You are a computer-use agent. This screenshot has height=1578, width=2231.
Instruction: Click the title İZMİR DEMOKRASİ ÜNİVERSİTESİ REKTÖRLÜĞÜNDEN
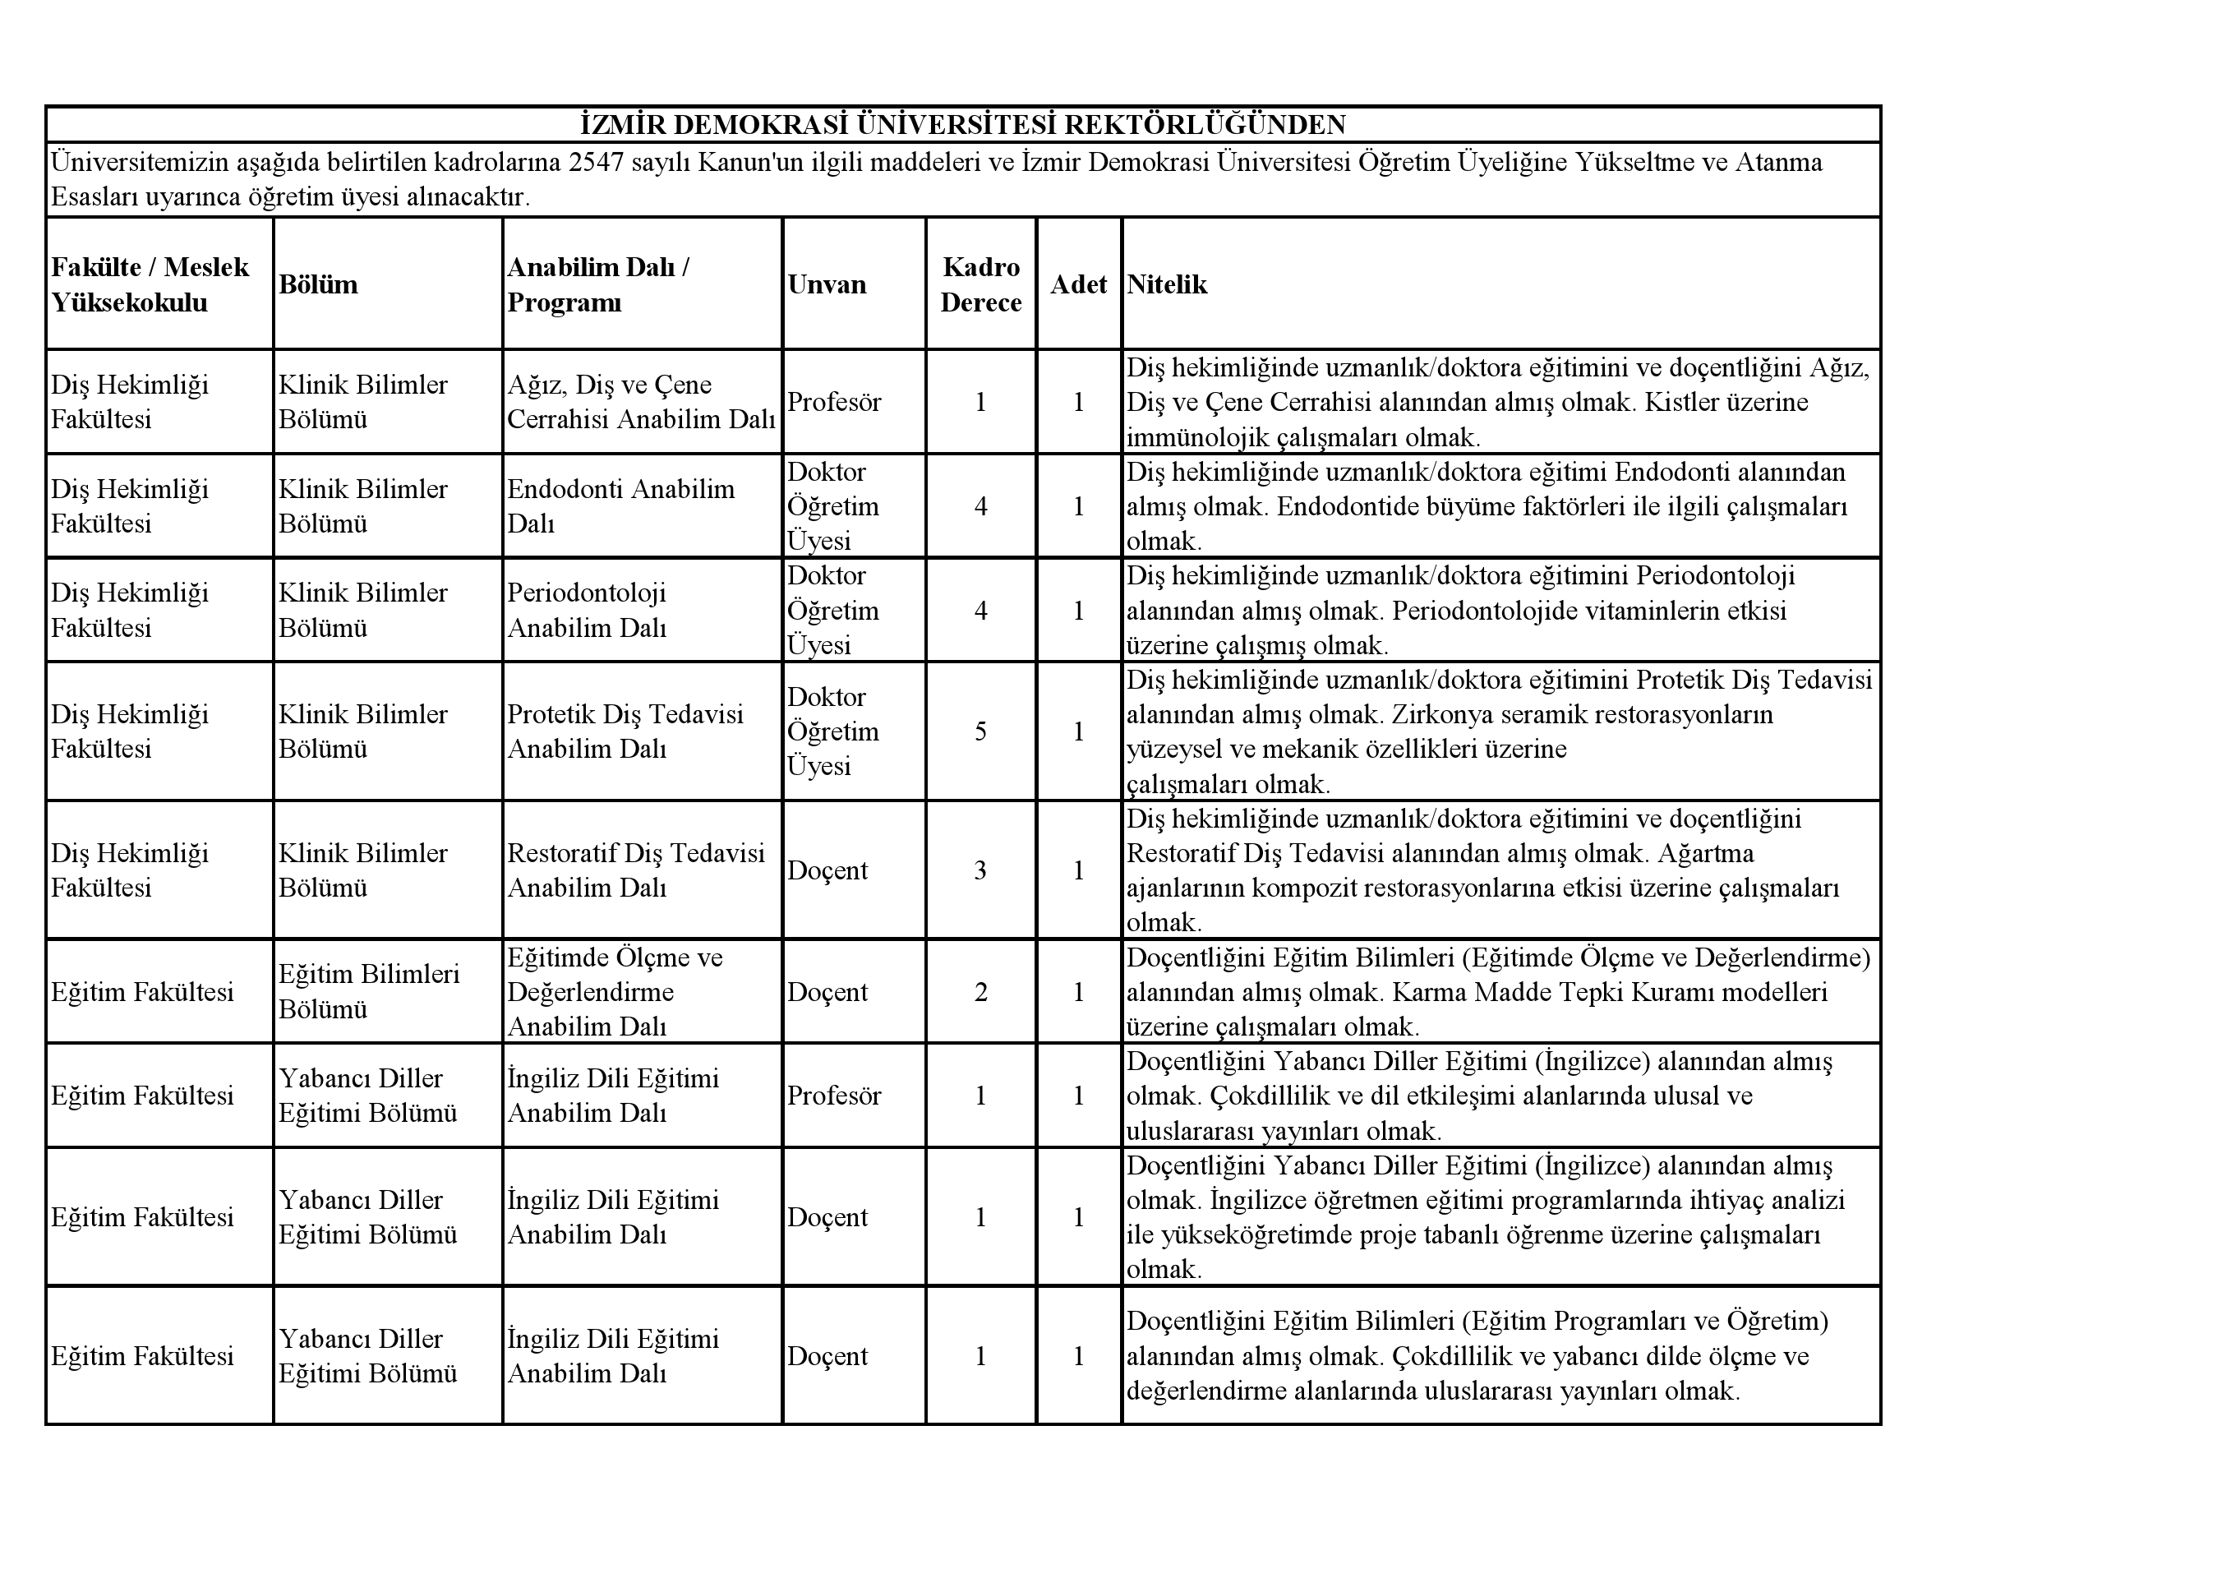(x=962, y=124)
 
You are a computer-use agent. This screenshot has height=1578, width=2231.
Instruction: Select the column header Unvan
(x=826, y=284)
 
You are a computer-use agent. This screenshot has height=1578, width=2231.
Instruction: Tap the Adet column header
(x=1077, y=284)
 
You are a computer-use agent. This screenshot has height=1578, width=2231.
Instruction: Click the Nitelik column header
(x=1166, y=284)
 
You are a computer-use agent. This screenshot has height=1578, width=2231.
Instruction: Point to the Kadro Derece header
(x=980, y=284)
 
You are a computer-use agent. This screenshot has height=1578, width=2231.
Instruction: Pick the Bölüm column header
(x=318, y=284)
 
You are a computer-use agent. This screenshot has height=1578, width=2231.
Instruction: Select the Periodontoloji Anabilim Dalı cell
(x=587, y=610)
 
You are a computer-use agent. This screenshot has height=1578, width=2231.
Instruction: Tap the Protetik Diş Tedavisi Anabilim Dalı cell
(x=625, y=731)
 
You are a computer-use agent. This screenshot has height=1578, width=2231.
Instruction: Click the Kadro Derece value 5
(x=980, y=731)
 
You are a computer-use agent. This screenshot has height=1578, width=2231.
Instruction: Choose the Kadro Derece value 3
(x=980, y=870)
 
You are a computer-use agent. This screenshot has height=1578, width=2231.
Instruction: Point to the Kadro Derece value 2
(x=980, y=991)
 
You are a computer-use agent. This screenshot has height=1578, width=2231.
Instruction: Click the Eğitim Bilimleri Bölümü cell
(x=368, y=991)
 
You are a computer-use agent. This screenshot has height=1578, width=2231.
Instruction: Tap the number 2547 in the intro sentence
(x=596, y=161)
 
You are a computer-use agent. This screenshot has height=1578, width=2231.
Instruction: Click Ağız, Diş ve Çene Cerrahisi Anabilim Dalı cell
(x=640, y=401)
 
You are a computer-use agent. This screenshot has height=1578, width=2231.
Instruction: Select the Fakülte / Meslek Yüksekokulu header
(x=150, y=284)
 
